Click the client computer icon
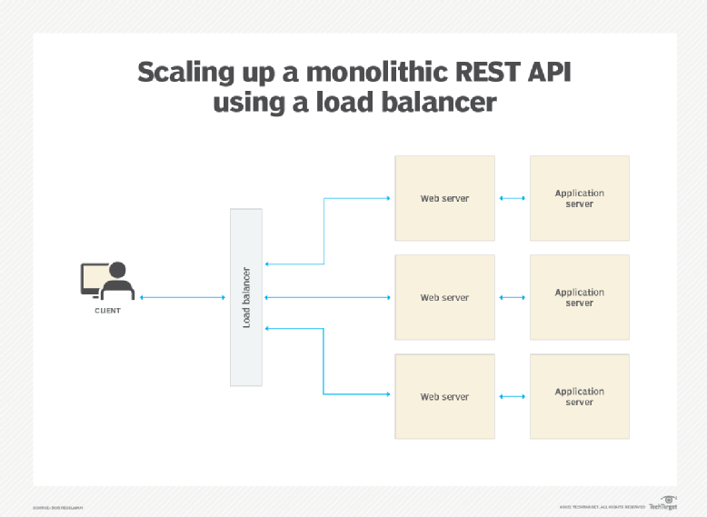pyautogui.click(x=107, y=281)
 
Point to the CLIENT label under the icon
pyautogui.click(x=107, y=311)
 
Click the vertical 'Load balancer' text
pyautogui.click(x=246, y=297)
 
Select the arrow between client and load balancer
pyautogui.click(x=183, y=297)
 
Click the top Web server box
pyautogui.click(x=444, y=198)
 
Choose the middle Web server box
pyautogui.click(x=444, y=297)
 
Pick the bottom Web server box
pyautogui.click(x=444, y=397)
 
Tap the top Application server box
pyautogui.click(x=579, y=198)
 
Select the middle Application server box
pyautogui.click(x=579, y=297)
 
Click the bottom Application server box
pyautogui.click(x=579, y=397)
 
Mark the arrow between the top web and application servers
pyautogui.click(x=513, y=198)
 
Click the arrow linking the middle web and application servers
pyautogui.click(x=513, y=297)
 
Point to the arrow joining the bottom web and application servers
pyautogui.click(x=513, y=397)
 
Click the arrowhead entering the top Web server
pyautogui.click(x=388, y=198)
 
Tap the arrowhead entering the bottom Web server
pyautogui.click(x=388, y=394)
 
